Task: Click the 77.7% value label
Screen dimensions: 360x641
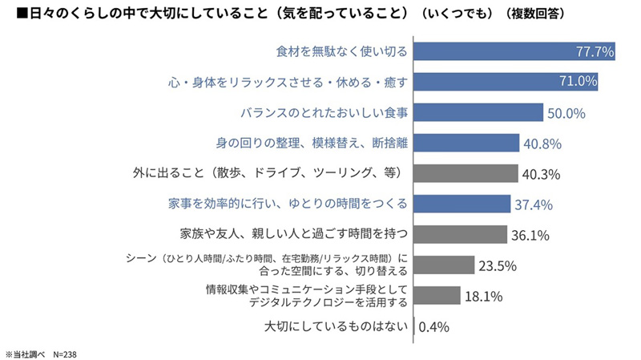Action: pos(595,52)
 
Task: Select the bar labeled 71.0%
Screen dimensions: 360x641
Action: pos(506,82)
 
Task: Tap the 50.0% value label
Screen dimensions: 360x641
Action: pos(566,113)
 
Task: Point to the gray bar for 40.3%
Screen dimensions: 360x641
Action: pos(466,173)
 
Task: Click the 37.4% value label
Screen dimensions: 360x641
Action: pos(534,204)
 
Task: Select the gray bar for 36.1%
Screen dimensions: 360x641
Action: pos(461,234)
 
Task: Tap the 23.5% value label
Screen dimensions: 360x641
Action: pos(498,265)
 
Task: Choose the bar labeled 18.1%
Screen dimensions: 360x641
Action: pos(437,295)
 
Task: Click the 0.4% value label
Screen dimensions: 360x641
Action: pos(433,326)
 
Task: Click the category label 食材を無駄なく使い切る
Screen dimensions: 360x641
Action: pos(341,51)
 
